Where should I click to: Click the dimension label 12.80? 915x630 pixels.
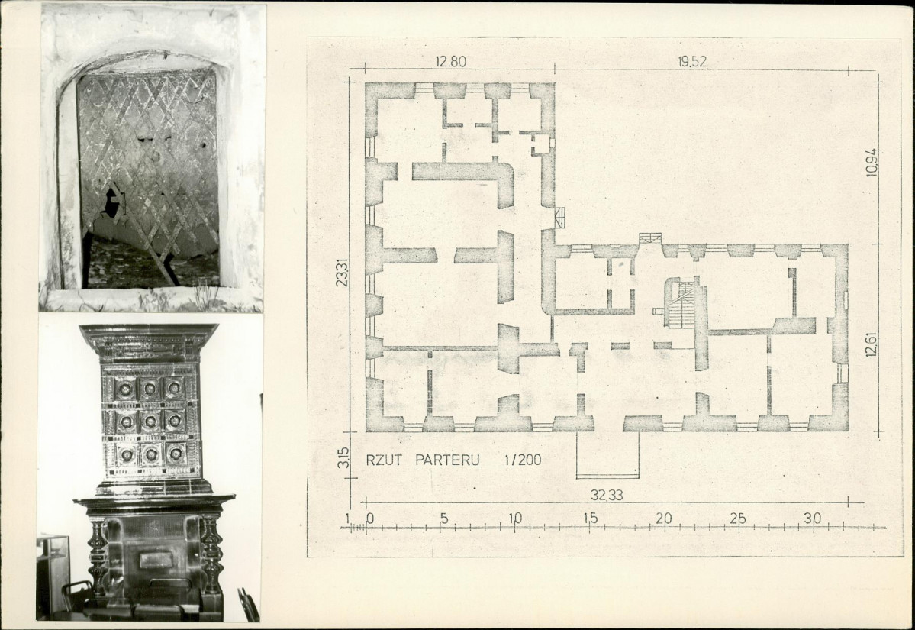451,61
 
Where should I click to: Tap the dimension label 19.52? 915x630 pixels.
692,62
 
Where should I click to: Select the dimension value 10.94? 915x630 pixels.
872,163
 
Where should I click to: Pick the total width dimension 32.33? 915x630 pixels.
606,495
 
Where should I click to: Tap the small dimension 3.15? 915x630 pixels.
343,457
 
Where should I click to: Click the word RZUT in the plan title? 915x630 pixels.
384,460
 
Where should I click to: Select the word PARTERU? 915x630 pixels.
447,460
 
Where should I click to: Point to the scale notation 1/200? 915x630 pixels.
523,460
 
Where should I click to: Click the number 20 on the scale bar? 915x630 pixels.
663,519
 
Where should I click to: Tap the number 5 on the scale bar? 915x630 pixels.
444,519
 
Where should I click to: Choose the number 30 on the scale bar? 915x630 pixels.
812,519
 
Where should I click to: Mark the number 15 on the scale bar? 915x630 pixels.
590,519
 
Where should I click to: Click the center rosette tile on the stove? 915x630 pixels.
150,420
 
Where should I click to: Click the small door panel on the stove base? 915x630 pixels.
156,560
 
